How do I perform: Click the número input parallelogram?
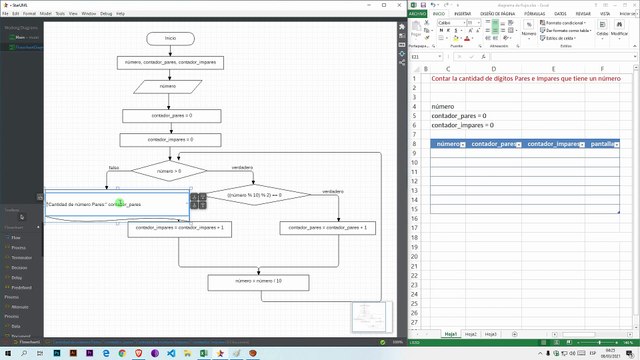(x=169, y=87)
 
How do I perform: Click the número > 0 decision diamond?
(x=169, y=172)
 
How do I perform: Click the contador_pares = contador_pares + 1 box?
(x=327, y=228)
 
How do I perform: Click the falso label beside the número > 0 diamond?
(x=114, y=168)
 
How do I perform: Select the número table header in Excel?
(x=448, y=145)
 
